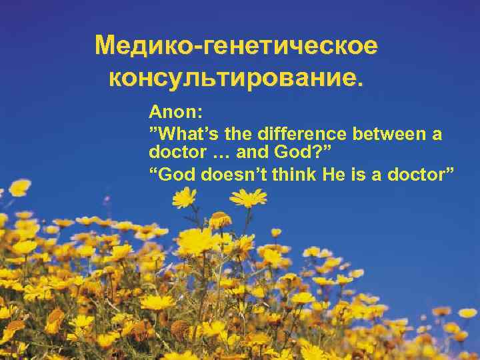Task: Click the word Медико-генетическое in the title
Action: coord(237,47)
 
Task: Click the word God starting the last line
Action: coord(172,174)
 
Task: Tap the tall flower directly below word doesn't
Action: coord(248,198)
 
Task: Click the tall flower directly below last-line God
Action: coord(184,197)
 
